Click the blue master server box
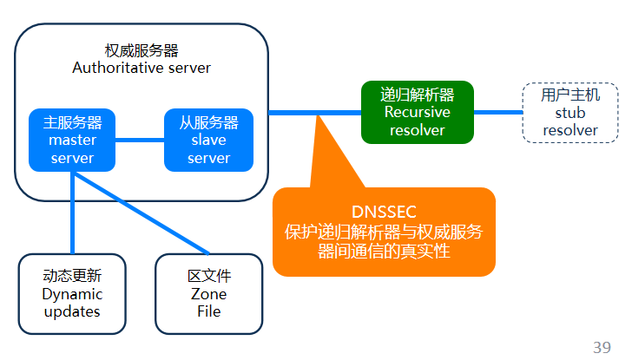coord(72,140)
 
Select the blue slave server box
coord(208,140)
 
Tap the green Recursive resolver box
coord(418,112)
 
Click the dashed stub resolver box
coord(570,113)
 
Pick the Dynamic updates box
coord(72,294)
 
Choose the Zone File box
coord(208,294)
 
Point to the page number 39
coord(602,347)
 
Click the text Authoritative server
coord(142,68)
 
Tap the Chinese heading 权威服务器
coord(142,50)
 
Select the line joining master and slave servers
coord(140,140)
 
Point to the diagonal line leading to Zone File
coord(148,217)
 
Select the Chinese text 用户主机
coord(570,95)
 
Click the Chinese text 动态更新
coord(72,277)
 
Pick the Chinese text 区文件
coord(208,277)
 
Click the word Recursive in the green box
coord(418,112)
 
